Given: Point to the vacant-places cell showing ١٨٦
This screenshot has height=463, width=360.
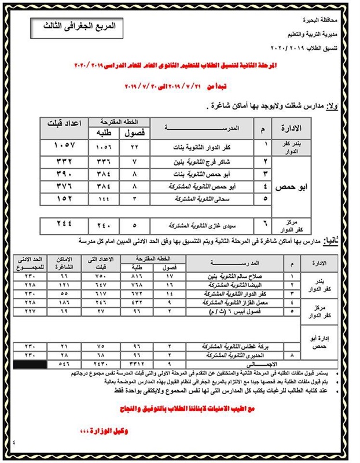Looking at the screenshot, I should tap(63, 303).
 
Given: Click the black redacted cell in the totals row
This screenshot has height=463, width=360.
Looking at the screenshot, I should tap(27, 365).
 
